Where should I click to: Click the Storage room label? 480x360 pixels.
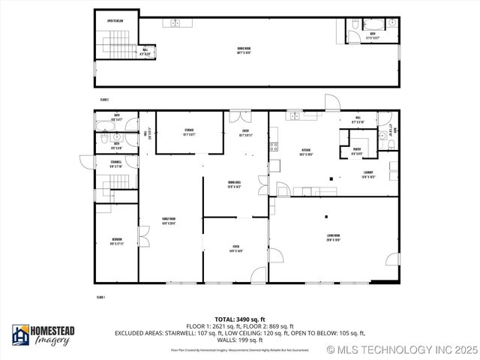pos(189,132)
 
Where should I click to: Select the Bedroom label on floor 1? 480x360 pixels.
pos(116,242)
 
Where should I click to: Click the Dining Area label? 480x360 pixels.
pos(234,184)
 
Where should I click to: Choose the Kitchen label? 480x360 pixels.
pos(307,152)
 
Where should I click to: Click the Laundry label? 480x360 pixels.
pos(367,175)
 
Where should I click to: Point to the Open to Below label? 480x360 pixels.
pos(115,21)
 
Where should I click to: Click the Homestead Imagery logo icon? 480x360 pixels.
pos(20,336)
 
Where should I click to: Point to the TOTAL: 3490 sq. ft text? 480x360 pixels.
pos(239,319)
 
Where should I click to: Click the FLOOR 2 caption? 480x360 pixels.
pos(104,99)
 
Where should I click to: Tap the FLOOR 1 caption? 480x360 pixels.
pos(100,298)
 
